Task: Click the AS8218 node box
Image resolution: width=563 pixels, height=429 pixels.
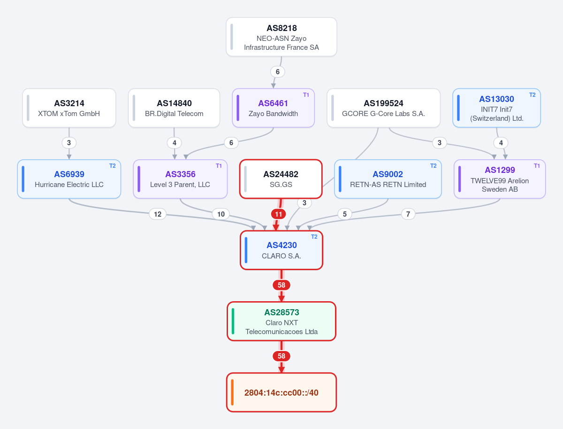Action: (281, 37)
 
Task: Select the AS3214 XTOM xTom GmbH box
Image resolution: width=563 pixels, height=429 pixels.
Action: (69, 108)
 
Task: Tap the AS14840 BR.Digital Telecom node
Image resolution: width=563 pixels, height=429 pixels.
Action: (174, 108)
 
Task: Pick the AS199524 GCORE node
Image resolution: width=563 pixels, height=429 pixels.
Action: (383, 108)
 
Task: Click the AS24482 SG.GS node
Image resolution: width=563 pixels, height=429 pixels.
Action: (281, 179)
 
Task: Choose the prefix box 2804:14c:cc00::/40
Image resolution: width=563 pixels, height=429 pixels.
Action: (281, 392)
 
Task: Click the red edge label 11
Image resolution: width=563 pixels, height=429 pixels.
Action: (279, 214)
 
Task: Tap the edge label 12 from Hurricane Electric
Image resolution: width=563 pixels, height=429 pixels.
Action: (158, 214)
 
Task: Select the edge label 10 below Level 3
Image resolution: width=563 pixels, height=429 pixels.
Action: (221, 214)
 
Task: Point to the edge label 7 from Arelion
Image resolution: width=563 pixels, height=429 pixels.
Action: (408, 214)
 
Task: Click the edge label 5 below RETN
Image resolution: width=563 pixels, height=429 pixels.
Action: (345, 214)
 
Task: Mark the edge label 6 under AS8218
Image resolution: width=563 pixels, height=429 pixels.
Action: (278, 72)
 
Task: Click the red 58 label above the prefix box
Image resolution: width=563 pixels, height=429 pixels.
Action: (281, 356)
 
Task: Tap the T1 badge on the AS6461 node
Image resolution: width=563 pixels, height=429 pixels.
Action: (306, 95)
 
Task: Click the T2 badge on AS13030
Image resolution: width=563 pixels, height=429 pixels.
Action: (532, 95)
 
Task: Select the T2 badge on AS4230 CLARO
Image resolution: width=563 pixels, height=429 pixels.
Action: (314, 237)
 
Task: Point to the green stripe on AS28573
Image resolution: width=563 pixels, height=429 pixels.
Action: (233, 321)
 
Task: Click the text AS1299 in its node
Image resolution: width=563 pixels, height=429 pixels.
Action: (500, 170)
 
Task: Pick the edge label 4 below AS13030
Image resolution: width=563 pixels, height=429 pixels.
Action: (501, 143)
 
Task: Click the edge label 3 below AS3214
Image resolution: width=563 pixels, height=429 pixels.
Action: (69, 143)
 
